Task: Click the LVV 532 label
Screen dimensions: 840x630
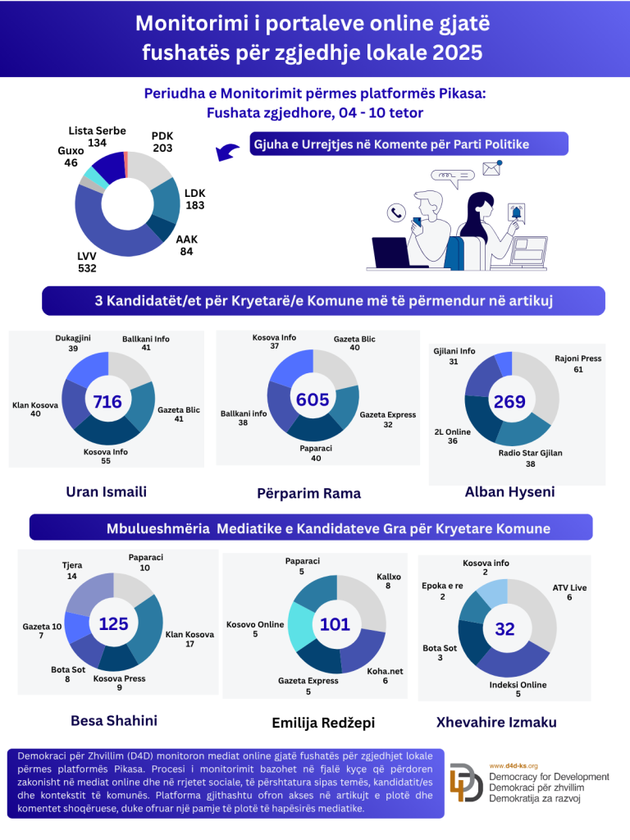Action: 87,262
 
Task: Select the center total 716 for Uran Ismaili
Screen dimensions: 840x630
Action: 107,402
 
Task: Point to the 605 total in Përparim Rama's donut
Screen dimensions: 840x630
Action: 313,399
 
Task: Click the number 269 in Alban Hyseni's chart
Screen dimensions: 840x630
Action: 509,402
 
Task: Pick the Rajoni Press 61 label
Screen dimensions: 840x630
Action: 578,363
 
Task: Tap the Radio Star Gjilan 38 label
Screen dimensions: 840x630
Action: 531,458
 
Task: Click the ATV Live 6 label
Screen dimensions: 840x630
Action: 570,593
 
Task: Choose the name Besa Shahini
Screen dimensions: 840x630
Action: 114,720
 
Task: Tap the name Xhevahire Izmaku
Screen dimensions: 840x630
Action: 508,722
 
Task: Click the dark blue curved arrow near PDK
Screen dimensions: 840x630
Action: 227,151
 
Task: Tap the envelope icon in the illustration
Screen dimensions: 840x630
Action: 492,168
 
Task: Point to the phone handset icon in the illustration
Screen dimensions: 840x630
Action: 397,213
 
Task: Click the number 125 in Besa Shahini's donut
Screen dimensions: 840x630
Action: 113,624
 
